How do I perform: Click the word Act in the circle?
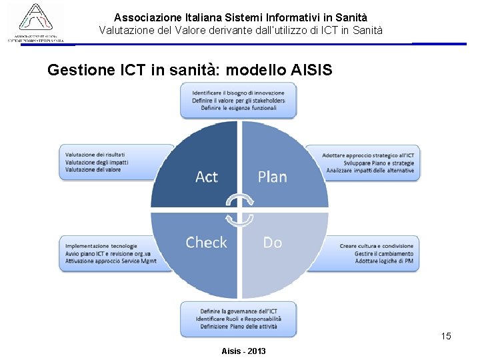207,177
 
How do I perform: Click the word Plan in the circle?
272,177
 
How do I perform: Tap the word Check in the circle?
206,243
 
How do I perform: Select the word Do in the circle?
273,243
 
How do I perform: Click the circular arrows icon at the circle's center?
239,209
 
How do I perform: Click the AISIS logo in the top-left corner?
36,23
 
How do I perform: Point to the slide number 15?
446,336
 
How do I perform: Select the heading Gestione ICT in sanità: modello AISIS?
189,70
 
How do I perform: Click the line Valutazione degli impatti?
97,162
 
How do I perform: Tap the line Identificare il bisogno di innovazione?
238,93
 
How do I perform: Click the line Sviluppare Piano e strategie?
379,163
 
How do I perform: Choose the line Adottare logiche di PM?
384,261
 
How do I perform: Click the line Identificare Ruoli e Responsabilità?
238,319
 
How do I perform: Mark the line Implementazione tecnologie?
101,246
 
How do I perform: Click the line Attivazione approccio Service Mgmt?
111,261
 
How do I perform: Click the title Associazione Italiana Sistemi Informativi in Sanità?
241,17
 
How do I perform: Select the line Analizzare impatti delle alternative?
370,170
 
